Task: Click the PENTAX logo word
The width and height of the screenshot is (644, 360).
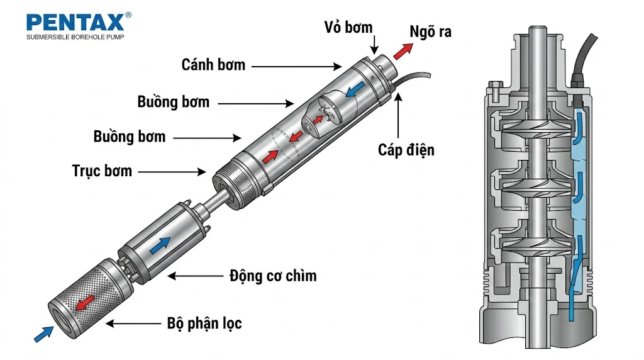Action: (x=74, y=23)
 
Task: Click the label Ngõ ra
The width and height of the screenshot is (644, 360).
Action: (x=430, y=31)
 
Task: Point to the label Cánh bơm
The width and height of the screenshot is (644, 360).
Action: (x=213, y=64)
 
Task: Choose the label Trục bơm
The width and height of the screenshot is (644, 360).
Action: (x=102, y=171)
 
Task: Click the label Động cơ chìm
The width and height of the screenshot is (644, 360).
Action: (x=272, y=276)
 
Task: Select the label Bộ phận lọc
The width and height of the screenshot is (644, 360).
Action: (x=204, y=323)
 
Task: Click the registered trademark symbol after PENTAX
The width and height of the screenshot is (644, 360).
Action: (x=128, y=14)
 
